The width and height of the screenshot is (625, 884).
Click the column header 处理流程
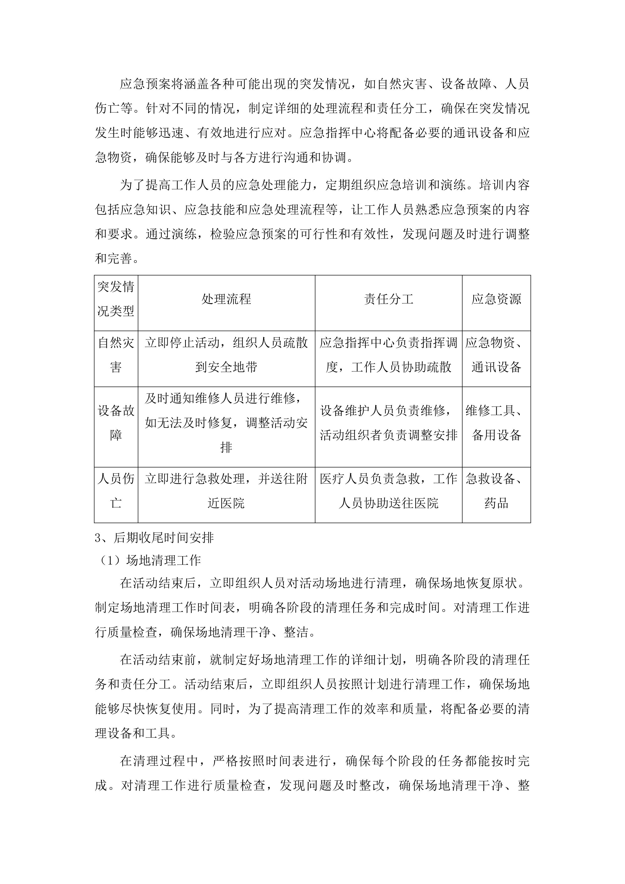226,299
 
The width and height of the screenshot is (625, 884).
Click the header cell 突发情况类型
116,299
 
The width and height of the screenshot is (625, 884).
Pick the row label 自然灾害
116,355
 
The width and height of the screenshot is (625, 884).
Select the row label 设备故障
116,423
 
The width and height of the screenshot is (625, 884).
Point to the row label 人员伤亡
116,491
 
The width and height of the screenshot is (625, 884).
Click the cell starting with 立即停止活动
226,355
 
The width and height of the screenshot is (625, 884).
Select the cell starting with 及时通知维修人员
226,423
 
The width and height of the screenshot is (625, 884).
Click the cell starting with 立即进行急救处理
226,491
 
